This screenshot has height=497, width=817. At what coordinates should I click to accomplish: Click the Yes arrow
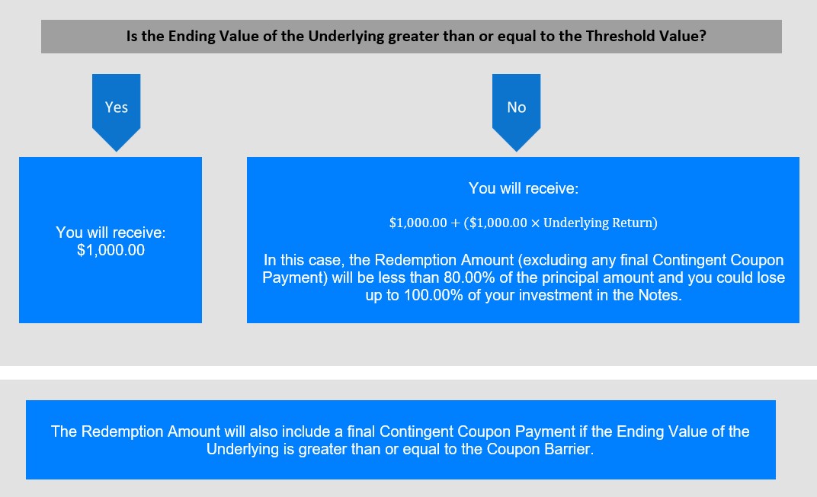(116, 112)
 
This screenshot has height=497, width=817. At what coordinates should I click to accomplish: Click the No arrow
(517, 112)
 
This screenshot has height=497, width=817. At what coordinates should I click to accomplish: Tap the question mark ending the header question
(703, 36)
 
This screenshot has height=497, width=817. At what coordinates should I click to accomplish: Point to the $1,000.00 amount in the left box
(111, 250)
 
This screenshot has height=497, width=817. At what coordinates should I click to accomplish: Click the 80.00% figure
(469, 277)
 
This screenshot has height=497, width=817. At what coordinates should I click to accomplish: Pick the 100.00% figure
(434, 295)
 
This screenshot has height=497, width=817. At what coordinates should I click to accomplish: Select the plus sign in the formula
(456, 223)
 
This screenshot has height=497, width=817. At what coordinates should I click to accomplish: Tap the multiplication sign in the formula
(535, 223)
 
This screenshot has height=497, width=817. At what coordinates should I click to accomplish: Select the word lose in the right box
(769, 277)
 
